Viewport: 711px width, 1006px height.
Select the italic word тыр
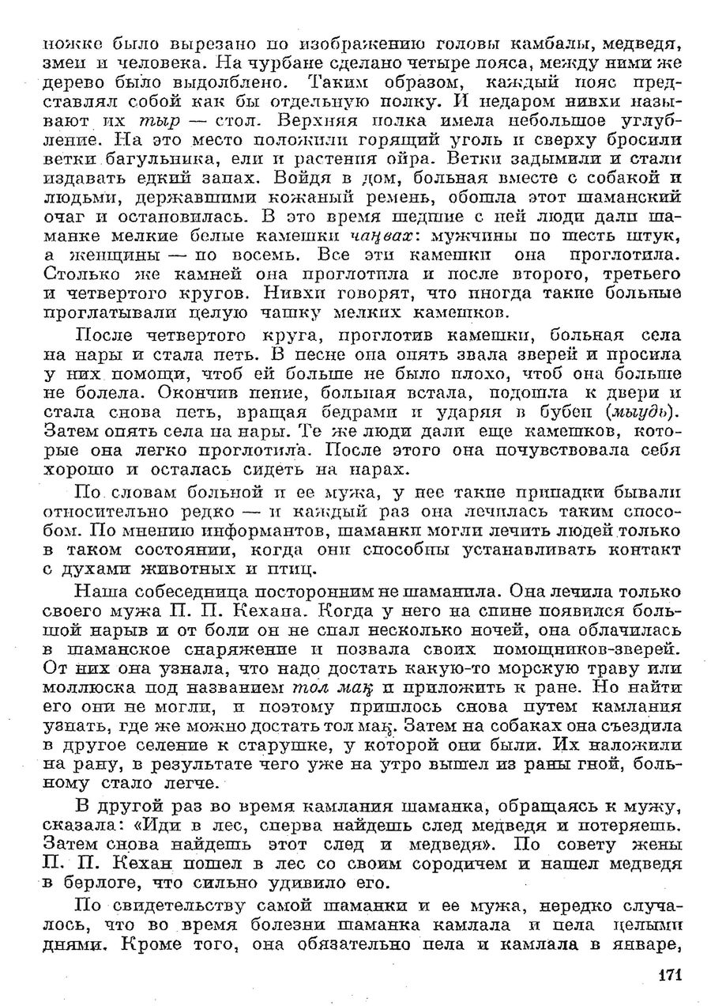point(160,122)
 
